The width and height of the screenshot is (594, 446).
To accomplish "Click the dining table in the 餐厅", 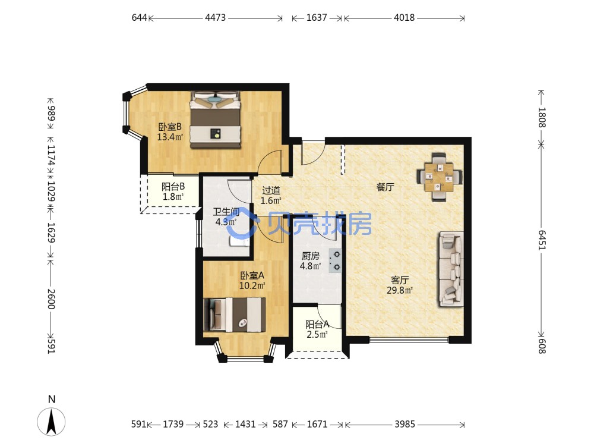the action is [x=440, y=177].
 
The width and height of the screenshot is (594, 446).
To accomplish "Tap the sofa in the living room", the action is [x=451, y=269].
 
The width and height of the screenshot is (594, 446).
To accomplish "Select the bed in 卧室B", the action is [x=216, y=120].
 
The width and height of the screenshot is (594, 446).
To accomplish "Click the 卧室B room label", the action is [x=170, y=127].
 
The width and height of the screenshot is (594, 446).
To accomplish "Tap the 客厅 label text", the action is [x=400, y=280].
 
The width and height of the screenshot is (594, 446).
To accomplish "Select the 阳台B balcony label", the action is [x=173, y=187].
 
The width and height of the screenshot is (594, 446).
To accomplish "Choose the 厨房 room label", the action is [x=310, y=256].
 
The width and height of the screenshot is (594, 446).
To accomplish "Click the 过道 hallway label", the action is [x=271, y=190].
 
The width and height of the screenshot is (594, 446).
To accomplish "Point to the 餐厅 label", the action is [x=385, y=187].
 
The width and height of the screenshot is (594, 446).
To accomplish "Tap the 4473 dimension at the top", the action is [x=215, y=17].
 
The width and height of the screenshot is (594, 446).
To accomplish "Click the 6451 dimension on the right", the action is [x=542, y=240].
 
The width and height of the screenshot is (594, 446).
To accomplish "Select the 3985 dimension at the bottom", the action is [x=405, y=424].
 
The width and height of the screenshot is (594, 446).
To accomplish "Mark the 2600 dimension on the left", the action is [x=51, y=299].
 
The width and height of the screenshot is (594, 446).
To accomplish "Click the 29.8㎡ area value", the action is [x=400, y=291].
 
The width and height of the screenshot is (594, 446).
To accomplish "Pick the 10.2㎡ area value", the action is [x=252, y=285].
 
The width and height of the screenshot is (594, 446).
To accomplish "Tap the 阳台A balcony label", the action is [x=317, y=325].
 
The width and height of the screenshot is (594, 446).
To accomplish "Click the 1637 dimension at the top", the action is [x=317, y=17].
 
